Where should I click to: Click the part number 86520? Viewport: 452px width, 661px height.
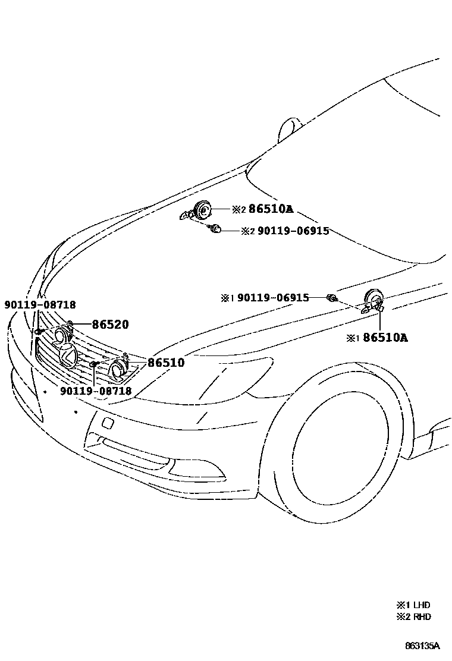[110, 325]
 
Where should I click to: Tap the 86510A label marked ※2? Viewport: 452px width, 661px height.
[271, 209]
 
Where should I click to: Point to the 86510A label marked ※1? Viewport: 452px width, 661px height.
[385, 338]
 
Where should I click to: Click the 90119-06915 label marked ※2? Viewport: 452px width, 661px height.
[293, 231]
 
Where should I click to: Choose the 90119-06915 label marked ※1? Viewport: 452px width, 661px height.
[273, 297]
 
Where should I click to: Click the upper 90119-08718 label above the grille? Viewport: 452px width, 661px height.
[40, 305]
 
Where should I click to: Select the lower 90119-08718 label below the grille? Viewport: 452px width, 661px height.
[96, 391]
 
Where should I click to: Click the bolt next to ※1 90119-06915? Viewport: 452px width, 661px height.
[332, 297]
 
